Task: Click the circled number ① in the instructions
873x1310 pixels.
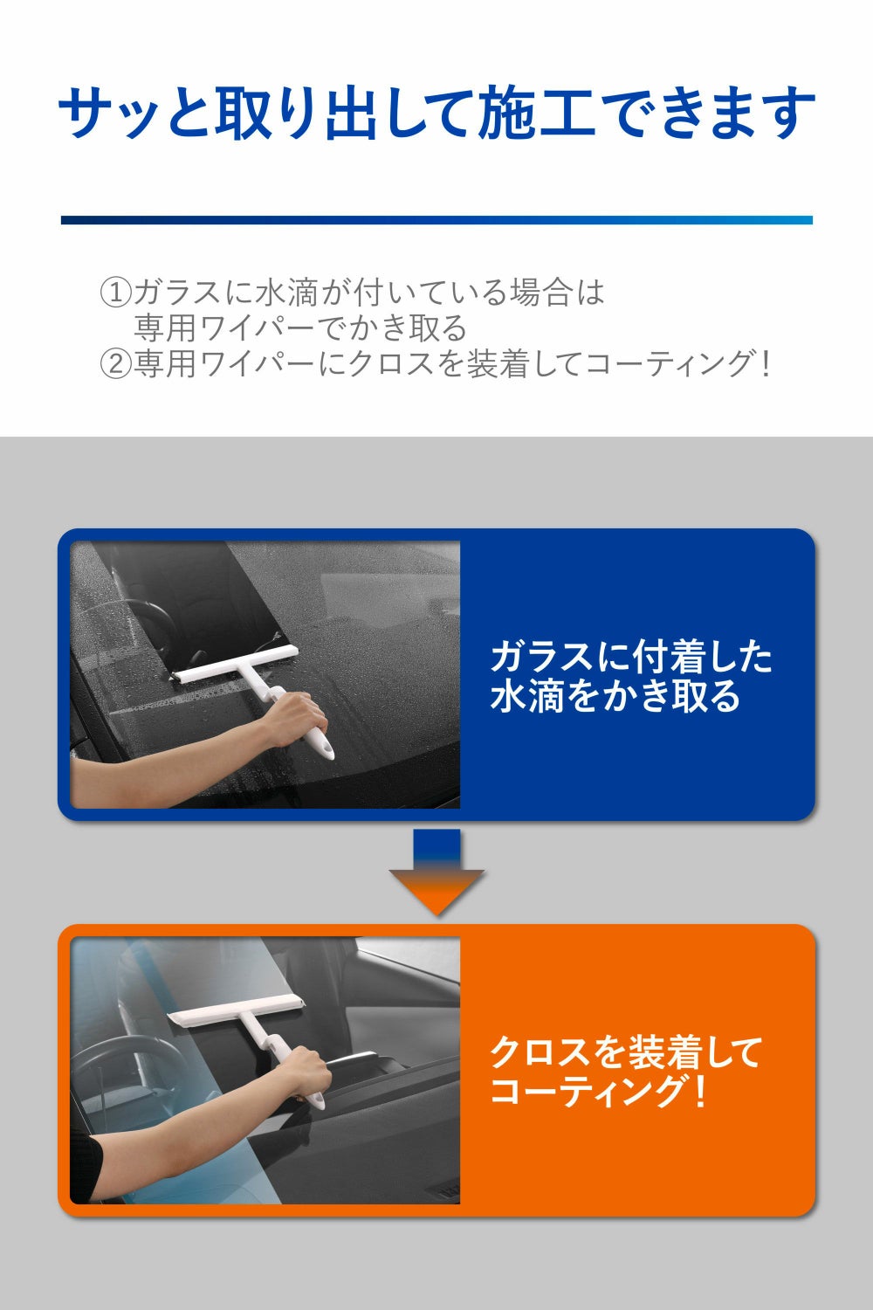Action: point(116,293)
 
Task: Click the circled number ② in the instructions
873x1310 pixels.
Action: point(116,363)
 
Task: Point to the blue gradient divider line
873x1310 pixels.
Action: point(436,220)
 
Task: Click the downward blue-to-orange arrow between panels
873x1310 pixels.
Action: point(436,872)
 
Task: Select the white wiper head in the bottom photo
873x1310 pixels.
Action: point(237,1010)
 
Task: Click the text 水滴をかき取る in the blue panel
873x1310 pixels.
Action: point(615,697)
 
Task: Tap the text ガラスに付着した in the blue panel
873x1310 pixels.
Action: point(631,657)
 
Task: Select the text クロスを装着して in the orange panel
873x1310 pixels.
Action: point(626,1052)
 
